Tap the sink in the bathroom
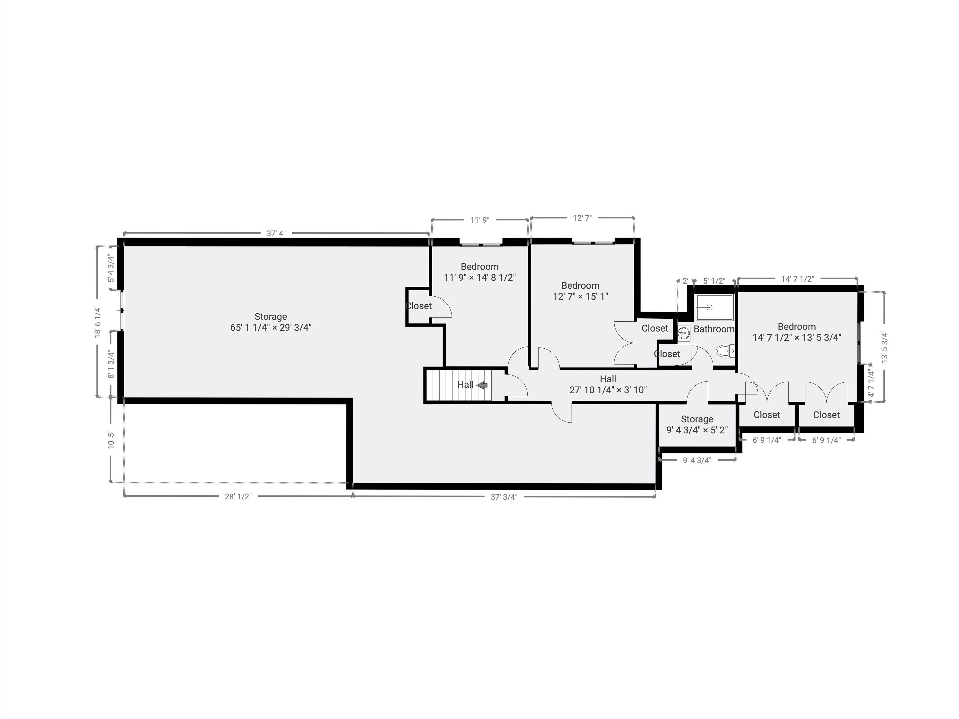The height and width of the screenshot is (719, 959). tap(684, 333)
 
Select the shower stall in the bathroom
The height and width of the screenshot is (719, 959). tap(714, 307)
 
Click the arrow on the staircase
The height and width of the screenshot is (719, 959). tap(482, 385)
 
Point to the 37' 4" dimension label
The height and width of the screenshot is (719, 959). tap(276, 233)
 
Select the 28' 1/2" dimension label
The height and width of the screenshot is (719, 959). tap(238, 497)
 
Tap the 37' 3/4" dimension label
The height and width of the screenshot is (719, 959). tap(504, 497)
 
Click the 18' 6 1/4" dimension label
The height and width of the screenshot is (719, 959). tap(98, 322)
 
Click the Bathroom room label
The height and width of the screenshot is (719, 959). tap(714, 329)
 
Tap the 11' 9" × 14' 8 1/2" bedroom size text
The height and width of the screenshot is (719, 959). tap(479, 277)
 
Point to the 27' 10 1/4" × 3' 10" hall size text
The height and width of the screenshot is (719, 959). tap(608, 390)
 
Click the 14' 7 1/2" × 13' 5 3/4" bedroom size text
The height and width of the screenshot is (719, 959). tap(797, 337)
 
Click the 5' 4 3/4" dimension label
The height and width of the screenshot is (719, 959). tap(111, 269)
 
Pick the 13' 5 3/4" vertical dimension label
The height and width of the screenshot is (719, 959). tap(884, 347)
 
